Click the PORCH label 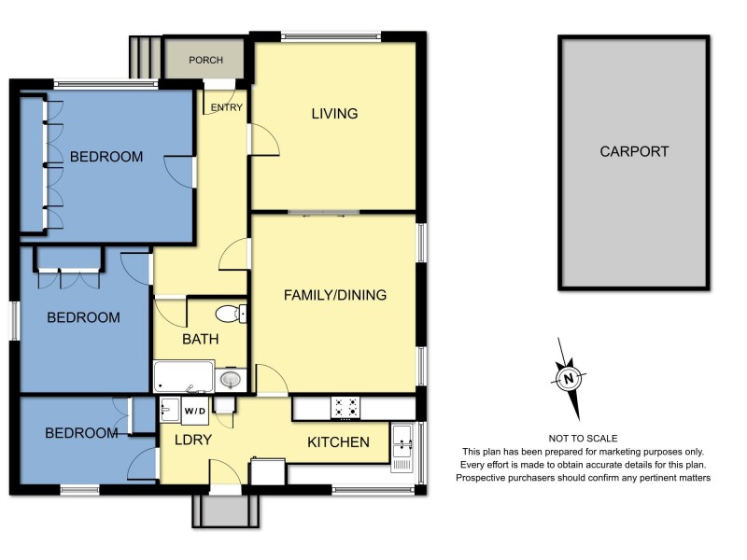click(205, 61)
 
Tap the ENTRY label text click(227, 107)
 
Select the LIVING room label click(334, 114)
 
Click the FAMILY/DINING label click(335, 295)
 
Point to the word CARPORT click(634, 151)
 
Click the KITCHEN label click(338, 442)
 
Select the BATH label click(201, 339)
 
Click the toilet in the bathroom click(229, 314)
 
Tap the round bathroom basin click(230, 379)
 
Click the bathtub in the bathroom click(183, 377)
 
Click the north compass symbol click(568, 378)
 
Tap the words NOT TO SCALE click(584, 438)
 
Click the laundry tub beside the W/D click(170, 409)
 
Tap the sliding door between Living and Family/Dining click(323, 214)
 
